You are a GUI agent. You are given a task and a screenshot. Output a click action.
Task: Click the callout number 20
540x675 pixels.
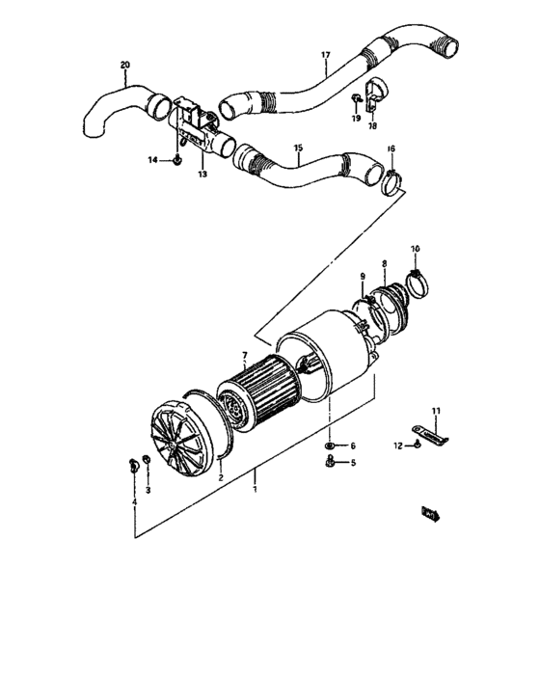(x=124, y=66)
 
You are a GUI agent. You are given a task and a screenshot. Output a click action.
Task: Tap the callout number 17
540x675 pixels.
(x=326, y=56)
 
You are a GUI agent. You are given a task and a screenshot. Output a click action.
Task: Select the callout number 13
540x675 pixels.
(x=202, y=175)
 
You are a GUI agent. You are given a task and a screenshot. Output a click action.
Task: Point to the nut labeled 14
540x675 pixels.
(x=180, y=160)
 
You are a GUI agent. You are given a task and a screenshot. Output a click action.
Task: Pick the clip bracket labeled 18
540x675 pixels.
(x=374, y=94)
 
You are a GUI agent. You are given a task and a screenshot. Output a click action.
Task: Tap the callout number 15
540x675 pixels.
(x=298, y=148)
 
